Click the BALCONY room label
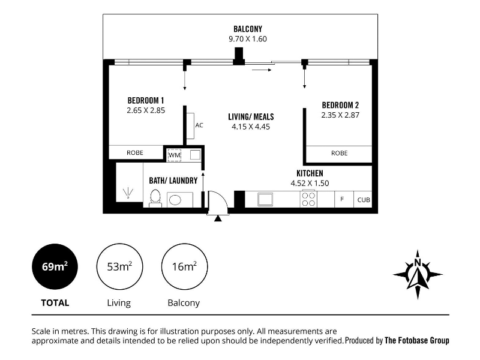point(248,29)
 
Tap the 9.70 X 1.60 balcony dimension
point(248,39)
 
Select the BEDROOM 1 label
point(146,100)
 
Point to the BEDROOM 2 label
point(340,106)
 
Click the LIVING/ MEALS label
point(251,116)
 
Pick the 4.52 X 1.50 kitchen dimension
point(310,183)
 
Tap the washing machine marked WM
point(175,155)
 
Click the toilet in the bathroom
point(155,198)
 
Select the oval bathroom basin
point(175,200)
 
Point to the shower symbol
point(128,193)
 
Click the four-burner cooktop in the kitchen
point(308,199)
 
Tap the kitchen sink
point(265,200)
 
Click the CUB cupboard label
point(364,200)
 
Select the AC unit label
point(199,125)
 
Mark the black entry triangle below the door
point(218,218)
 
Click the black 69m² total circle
point(55,266)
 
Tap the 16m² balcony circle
point(184,266)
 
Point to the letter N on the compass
point(417,262)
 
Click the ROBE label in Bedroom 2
point(339,153)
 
